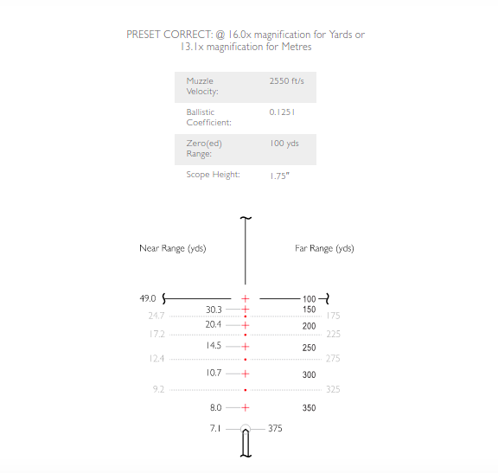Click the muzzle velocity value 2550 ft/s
(286, 81)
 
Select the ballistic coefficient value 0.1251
(282, 112)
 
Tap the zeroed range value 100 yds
(284, 144)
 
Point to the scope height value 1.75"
(279, 176)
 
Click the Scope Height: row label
(213, 175)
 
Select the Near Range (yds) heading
(173, 248)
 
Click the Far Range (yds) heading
(324, 248)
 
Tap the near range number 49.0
(148, 298)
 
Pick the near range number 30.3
(214, 310)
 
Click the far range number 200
(309, 326)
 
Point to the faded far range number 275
(333, 359)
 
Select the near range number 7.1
(215, 429)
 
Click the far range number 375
(275, 429)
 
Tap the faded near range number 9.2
(158, 389)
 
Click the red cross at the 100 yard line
(246, 298)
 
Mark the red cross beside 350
(246, 407)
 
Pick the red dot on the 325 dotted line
(246, 390)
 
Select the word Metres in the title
(297, 47)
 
